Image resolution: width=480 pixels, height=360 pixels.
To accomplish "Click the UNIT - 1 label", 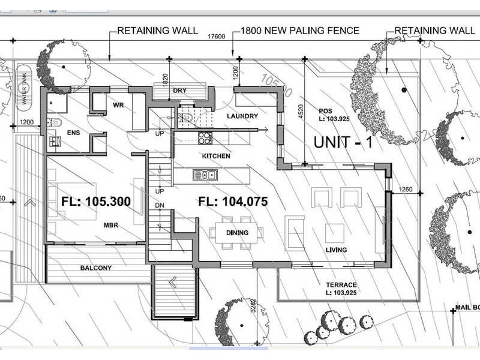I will pyautogui.click(x=344, y=142).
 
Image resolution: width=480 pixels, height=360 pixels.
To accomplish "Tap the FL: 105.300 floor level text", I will pyautogui.click(x=96, y=202).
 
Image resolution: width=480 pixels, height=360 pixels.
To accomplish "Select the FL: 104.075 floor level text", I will pyautogui.click(x=233, y=202).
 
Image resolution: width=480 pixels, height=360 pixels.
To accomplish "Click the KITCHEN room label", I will pyautogui.click(x=217, y=156).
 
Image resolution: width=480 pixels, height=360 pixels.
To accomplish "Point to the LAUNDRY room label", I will pyautogui.click(x=242, y=116).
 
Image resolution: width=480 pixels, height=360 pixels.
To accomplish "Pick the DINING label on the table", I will pyautogui.click(x=238, y=233).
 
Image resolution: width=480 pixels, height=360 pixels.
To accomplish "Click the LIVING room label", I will pyautogui.click(x=336, y=250).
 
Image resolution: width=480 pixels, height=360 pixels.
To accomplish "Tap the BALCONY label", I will pyautogui.click(x=96, y=268).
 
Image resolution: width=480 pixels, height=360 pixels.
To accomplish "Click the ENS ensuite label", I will pyautogui.click(x=74, y=133).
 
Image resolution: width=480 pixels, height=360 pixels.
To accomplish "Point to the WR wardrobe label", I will pyautogui.click(x=118, y=106).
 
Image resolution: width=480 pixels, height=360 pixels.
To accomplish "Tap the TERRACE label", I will pyautogui.click(x=341, y=285).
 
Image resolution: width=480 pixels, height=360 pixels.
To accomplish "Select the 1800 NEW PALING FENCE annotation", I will pyautogui.click(x=299, y=30).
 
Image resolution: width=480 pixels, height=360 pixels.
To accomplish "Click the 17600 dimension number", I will pyautogui.click(x=216, y=37).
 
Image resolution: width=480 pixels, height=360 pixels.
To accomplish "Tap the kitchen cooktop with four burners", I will pyautogui.click(x=205, y=137).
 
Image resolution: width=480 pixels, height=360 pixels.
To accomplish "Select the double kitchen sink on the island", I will pyautogui.click(x=205, y=175).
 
